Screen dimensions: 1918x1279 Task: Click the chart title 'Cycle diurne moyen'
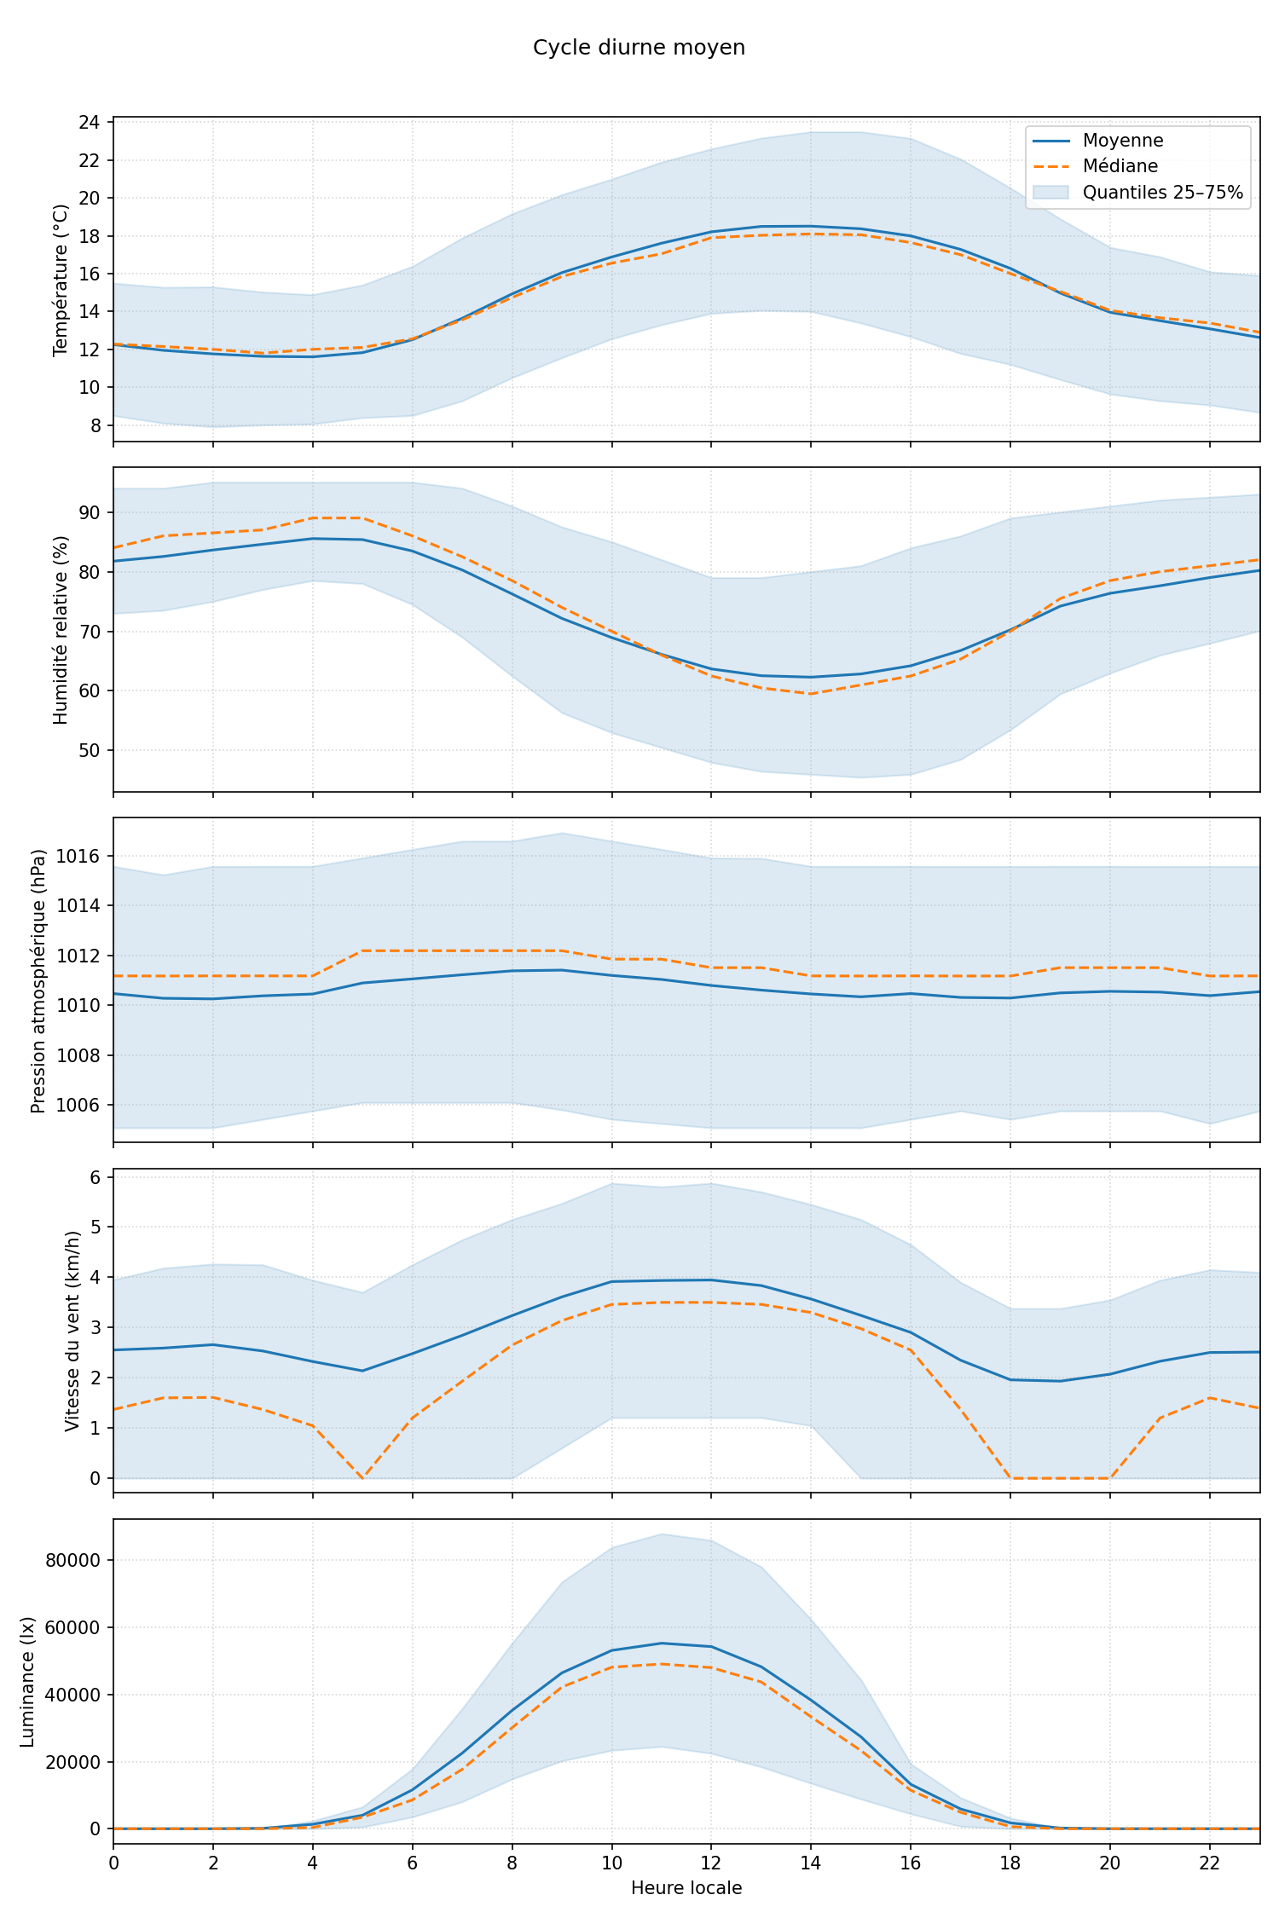tap(639, 48)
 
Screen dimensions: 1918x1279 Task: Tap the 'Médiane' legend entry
tap(1120, 166)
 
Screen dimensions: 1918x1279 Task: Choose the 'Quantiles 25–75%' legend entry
tap(1162, 193)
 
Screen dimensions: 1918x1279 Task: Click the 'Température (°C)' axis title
tap(61, 280)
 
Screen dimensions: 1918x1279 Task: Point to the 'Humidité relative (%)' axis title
tap(61, 630)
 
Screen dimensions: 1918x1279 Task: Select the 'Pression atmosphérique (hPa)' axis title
tap(38, 980)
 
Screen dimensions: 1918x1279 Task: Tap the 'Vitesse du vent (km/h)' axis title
tap(72, 1331)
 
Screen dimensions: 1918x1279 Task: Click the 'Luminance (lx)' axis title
tap(27, 1682)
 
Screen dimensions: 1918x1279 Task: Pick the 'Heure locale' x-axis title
tap(686, 1888)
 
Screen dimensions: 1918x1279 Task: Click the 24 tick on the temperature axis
tap(90, 123)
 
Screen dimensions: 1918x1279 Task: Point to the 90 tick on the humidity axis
tap(90, 513)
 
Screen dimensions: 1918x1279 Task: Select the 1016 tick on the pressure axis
tap(78, 856)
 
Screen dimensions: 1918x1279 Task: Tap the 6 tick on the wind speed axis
tap(95, 1178)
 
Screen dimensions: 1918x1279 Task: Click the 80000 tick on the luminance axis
tap(72, 1561)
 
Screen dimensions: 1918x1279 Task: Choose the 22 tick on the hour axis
tap(1209, 1863)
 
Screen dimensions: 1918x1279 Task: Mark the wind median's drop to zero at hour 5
tap(362, 1478)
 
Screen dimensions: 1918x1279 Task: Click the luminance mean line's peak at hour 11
tap(662, 1643)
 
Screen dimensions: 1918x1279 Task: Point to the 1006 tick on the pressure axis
tap(78, 1106)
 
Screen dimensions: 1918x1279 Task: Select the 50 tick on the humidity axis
tap(90, 751)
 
